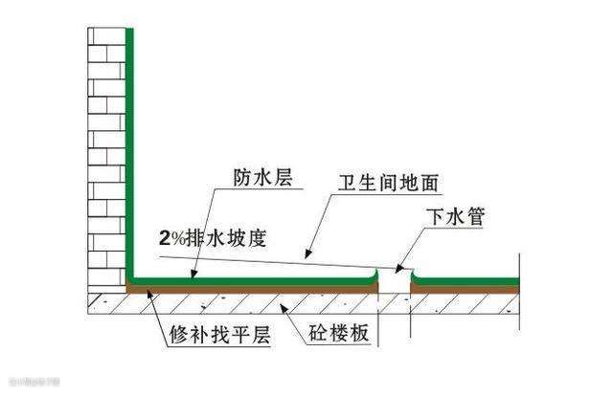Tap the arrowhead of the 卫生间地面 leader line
pyautogui.click(x=306, y=256)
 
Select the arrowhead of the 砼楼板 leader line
pyautogui.click(x=279, y=305)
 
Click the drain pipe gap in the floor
pyautogui.click(x=395, y=287)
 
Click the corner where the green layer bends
pyautogui.click(x=130, y=279)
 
